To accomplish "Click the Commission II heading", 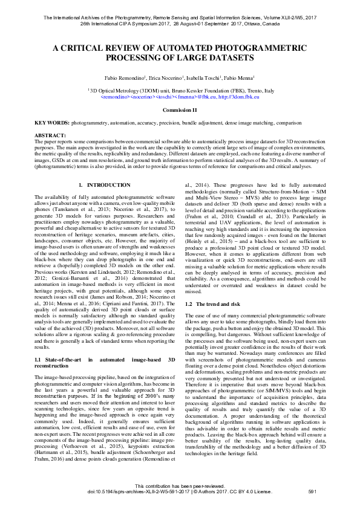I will [180, 110].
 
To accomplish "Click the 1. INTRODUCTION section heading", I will [104, 184].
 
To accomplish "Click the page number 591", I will [313, 493].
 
